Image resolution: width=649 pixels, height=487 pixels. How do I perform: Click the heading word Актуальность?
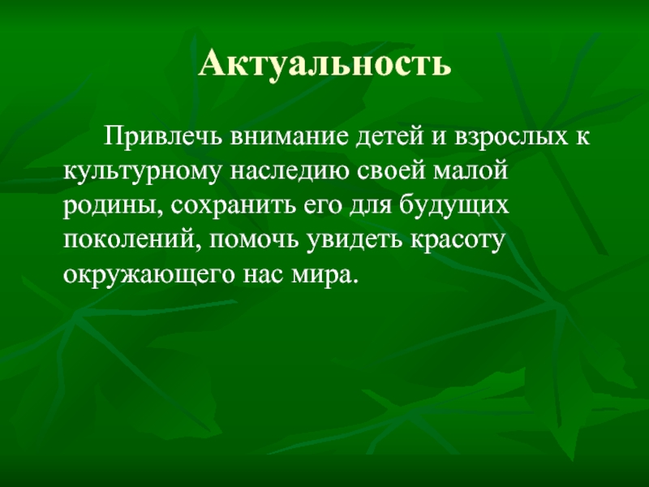(324, 63)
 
